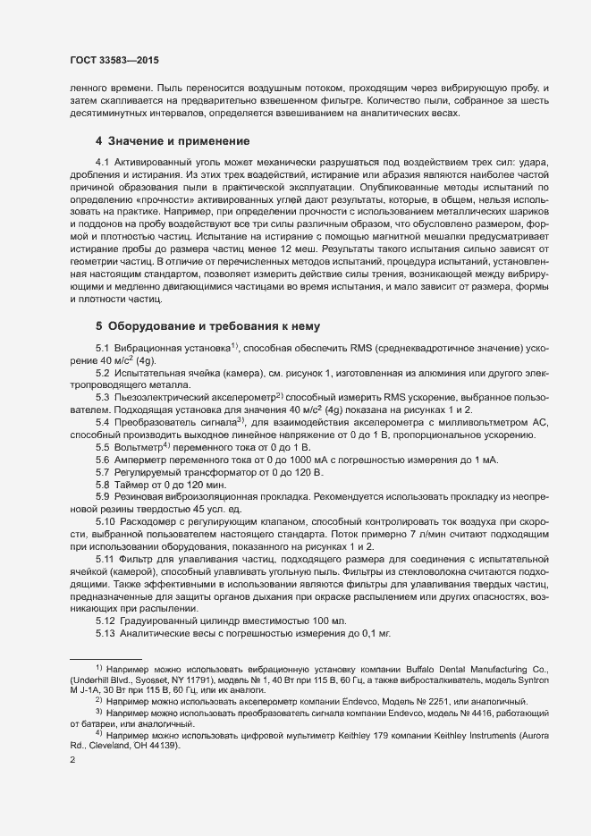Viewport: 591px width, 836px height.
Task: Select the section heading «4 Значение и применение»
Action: pyautogui.click(x=172, y=141)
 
